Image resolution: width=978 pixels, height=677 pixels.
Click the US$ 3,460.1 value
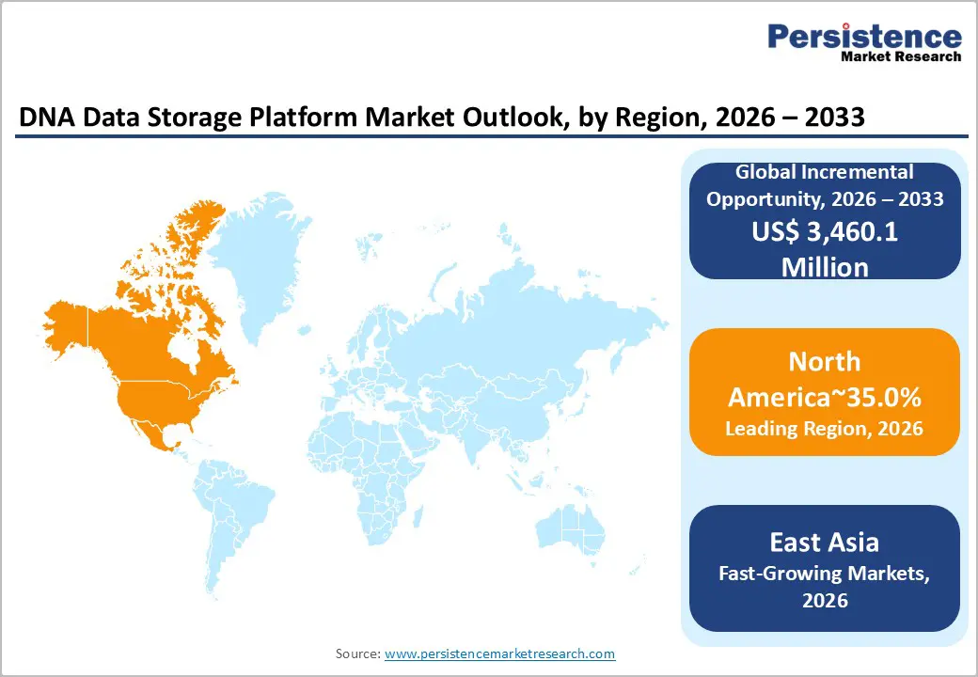click(x=825, y=232)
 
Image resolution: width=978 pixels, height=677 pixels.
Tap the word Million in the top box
click(x=825, y=266)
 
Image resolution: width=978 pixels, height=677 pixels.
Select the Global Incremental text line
click(x=825, y=172)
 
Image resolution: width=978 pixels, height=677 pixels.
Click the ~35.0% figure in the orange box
click(x=869, y=397)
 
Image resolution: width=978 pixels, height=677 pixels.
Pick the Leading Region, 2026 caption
click(x=825, y=429)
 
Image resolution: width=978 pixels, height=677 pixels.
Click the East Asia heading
click(x=825, y=542)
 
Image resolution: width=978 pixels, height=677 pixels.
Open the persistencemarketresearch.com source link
click(x=499, y=653)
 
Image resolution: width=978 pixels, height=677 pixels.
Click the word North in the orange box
click(x=825, y=362)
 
